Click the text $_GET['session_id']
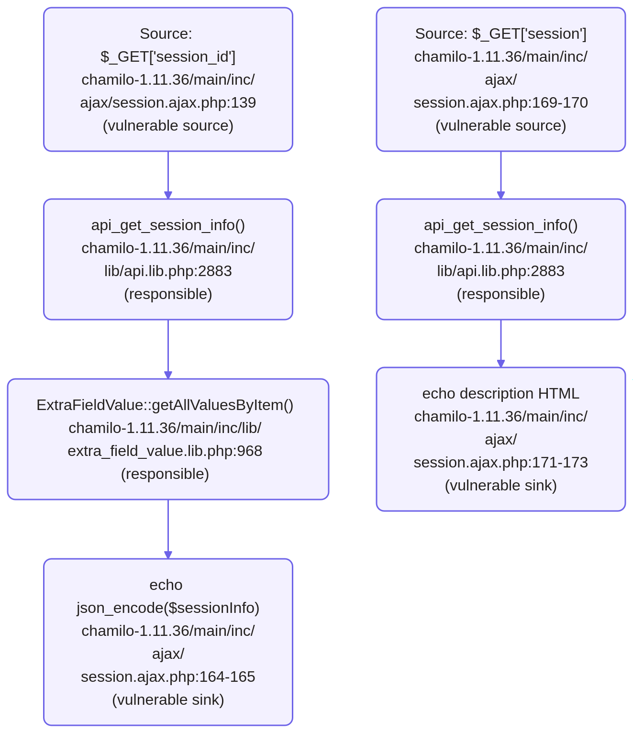point(168,57)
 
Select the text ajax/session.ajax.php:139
point(168,103)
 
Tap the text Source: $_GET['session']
point(500,34)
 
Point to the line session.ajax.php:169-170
point(500,103)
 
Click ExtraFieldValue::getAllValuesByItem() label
point(165,405)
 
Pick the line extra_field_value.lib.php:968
point(165,451)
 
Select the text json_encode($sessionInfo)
point(168,608)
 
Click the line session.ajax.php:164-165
point(168,677)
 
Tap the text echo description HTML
point(500,394)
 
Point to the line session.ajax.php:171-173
point(500,462)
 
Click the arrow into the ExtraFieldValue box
point(168,349)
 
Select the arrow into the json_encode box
point(168,529)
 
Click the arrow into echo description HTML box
point(501,344)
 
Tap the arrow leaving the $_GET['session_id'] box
point(168,175)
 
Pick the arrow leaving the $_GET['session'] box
point(501,175)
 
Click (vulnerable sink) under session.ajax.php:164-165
point(168,700)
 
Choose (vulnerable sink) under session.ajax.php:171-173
point(500,486)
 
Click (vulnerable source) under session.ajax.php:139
point(168,126)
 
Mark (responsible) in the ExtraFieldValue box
point(165,474)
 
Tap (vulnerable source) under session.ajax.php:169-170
point(500,126)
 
